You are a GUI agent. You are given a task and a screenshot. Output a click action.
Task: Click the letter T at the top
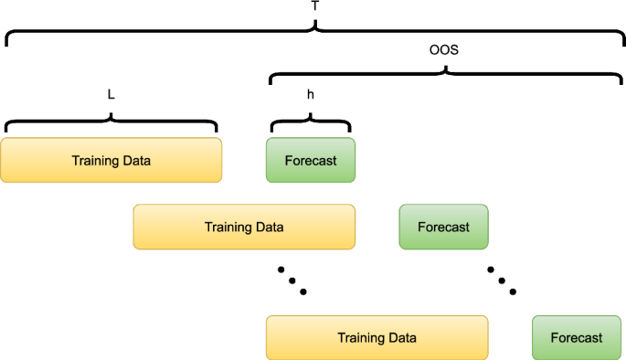315,7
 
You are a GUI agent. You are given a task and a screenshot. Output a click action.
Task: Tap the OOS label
443,51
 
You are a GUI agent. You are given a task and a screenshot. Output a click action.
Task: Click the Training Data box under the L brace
111,161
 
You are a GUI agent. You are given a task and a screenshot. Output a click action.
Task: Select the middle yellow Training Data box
244,227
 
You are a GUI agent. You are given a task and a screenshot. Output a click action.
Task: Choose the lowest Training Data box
377,338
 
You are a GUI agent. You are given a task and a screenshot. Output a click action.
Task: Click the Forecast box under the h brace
311,161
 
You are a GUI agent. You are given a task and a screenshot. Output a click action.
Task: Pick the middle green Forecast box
443,227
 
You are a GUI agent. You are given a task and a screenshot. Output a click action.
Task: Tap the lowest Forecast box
577,338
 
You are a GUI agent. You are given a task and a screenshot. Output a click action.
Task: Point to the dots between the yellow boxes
291,281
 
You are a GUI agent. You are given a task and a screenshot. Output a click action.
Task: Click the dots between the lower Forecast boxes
501,281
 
